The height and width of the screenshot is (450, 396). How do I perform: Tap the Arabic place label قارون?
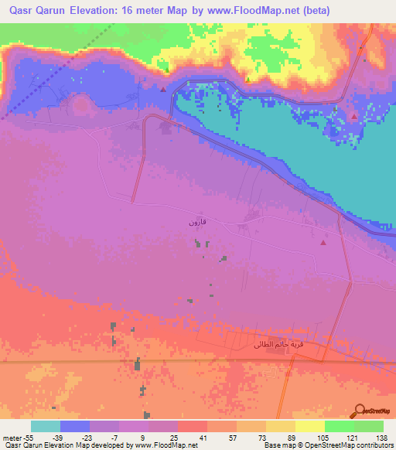198,223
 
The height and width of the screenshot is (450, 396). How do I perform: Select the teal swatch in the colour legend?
46,426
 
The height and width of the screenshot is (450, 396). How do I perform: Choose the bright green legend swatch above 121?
339,426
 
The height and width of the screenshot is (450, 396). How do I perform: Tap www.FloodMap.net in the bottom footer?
165,445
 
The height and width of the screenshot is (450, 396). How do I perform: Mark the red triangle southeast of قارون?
323,243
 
